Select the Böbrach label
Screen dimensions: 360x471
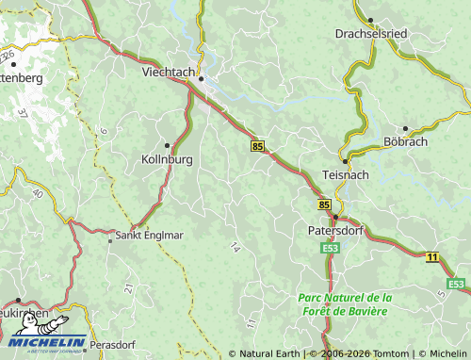[406, 141]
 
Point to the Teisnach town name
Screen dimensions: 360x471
[346, 175]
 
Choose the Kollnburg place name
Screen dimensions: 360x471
[167, 159]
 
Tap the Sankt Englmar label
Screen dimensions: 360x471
[144, 236]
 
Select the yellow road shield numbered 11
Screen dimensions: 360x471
[431, 256]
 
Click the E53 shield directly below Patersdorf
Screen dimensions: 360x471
[330, 248]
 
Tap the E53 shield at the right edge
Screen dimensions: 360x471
[457, 284]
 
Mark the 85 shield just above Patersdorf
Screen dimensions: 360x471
[325, 204]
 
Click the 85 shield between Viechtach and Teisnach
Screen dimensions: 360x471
[258, 146]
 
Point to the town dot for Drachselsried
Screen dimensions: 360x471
[370, 19]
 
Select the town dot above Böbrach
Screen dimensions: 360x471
[405, 128]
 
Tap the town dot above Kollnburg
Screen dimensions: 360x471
[168, 145]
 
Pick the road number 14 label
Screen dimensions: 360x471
[234, 247]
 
